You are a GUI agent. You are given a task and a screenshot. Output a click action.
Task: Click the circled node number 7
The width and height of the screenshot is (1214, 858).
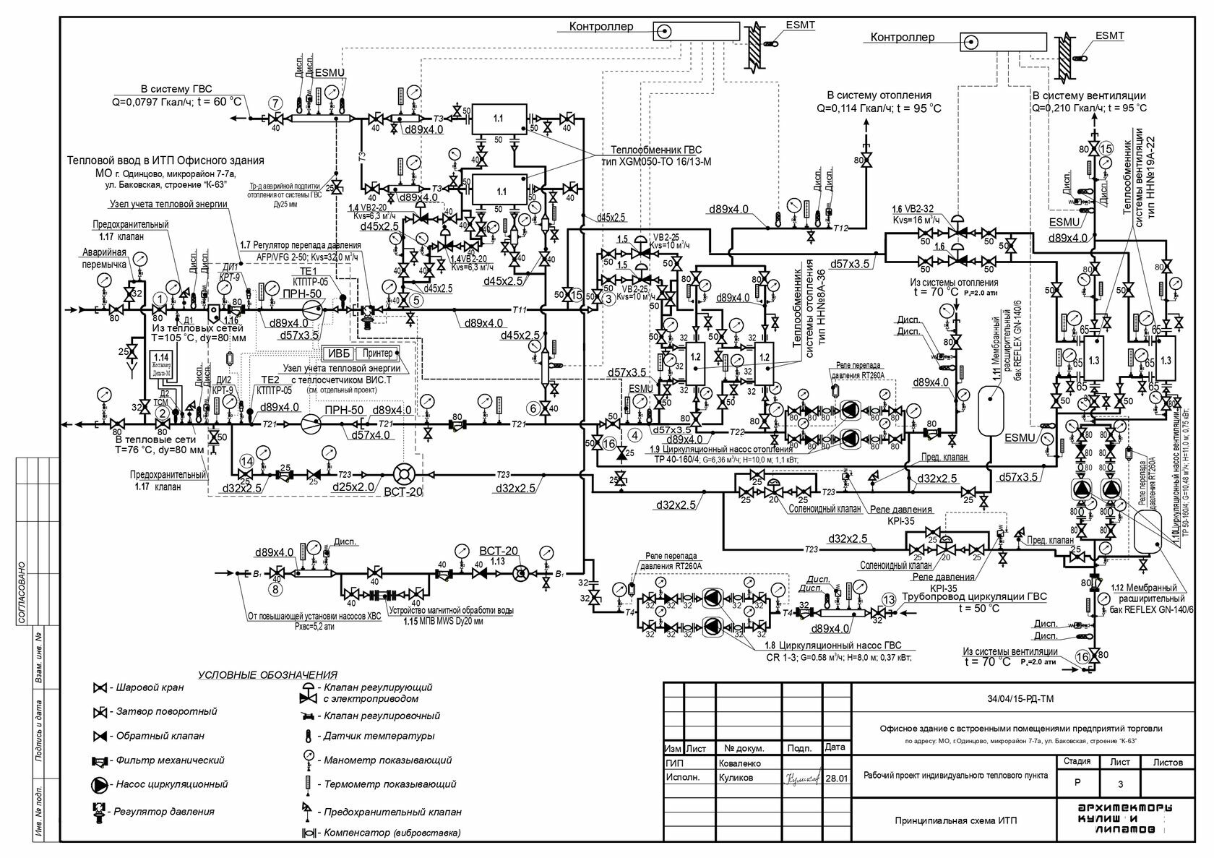tap(275, 103)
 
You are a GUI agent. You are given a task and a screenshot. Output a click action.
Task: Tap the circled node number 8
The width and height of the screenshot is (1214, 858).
tap(275, 589)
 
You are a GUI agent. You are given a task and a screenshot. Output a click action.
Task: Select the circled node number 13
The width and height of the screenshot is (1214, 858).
tap(890, 599)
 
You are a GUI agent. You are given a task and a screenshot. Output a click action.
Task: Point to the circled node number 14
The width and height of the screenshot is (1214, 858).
tap(247, 460)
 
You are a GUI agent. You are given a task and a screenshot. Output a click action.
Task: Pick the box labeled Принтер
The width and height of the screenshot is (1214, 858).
tap(378, 353)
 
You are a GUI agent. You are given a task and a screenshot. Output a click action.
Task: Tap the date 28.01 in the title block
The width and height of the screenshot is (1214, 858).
tap(835, 778)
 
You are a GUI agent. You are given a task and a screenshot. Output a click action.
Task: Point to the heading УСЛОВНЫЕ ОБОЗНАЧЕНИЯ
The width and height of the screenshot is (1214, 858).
tap(268, 674)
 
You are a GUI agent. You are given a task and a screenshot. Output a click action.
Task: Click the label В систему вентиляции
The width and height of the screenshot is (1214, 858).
tap(1089, 95)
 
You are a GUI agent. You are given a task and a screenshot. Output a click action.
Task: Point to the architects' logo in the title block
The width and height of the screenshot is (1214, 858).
tap(1124, 820)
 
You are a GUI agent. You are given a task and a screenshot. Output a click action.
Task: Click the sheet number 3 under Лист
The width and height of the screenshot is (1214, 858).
tap(1121, 784)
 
